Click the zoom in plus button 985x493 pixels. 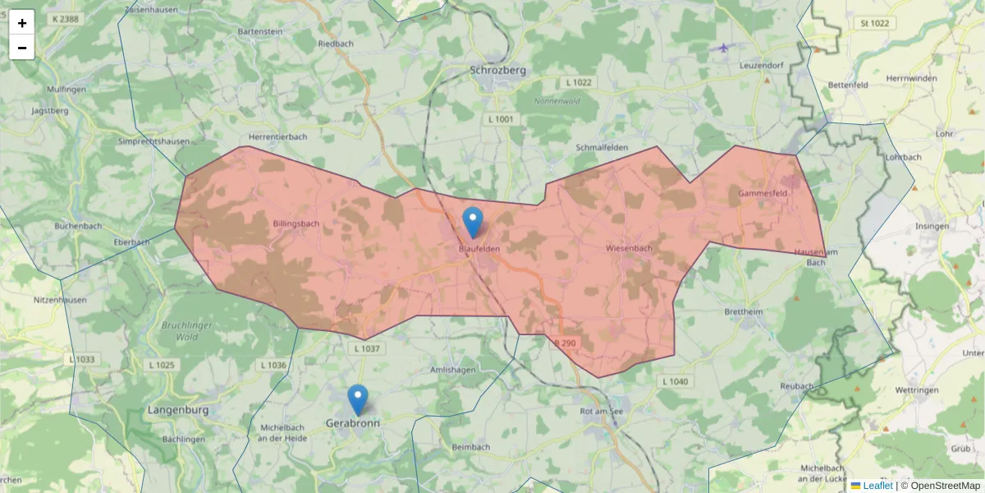[x=22, y=23]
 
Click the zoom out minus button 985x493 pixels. [x=22, y=48]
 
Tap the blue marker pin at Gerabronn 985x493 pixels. [x=358, y=399]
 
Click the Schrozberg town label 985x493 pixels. [x=498, y=71]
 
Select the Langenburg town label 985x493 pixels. [x=178, y=409]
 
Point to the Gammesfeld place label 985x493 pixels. [x=763, y=193]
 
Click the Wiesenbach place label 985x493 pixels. [x=629, y=247]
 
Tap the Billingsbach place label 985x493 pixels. [x=296, y=223]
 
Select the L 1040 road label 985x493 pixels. [x=675, y=381]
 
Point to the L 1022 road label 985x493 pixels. [x=579, y=83]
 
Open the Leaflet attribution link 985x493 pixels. [x=877, y=486]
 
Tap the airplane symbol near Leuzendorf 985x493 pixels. [x=723, y=48]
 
